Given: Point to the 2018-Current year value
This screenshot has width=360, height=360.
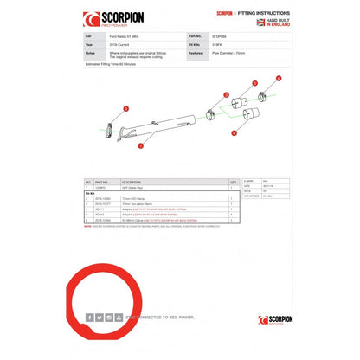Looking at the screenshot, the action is pos(130,44).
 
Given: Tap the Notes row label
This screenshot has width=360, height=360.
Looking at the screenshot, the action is pos(90,51).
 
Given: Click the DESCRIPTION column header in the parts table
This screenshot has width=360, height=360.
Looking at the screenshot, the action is pos(132,182).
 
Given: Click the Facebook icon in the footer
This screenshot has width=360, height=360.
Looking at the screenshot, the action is pos(89,318).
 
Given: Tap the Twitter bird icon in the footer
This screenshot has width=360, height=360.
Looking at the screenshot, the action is pos(98,318).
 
